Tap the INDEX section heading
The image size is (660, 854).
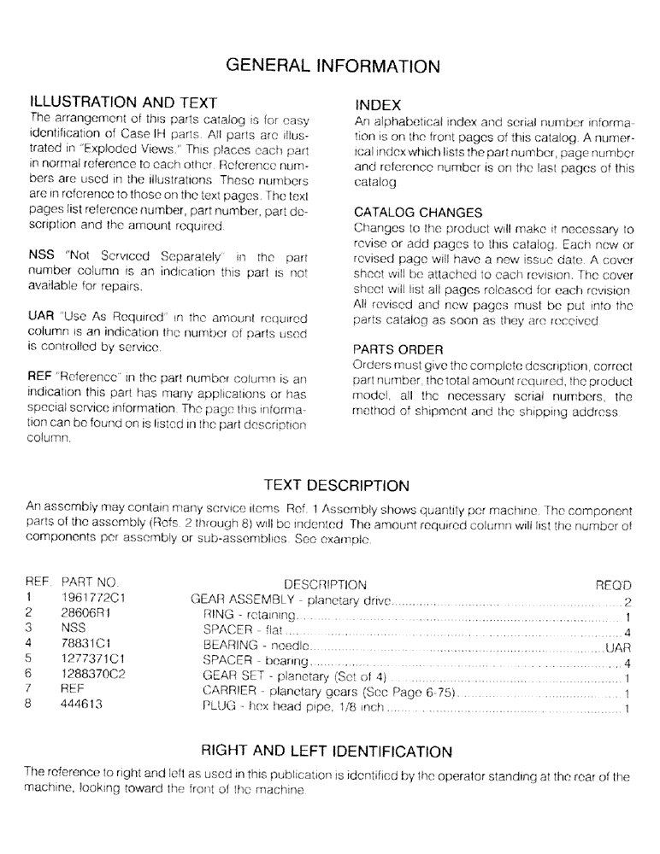[378, 105]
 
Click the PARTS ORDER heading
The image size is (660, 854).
[398, 350]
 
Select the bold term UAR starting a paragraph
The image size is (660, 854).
[42, 317]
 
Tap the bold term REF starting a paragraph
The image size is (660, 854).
[41, 378]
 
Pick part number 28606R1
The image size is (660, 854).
[86, 614]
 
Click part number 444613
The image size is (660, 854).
[83, 706]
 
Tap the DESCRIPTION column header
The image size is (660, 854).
[325, 585]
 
